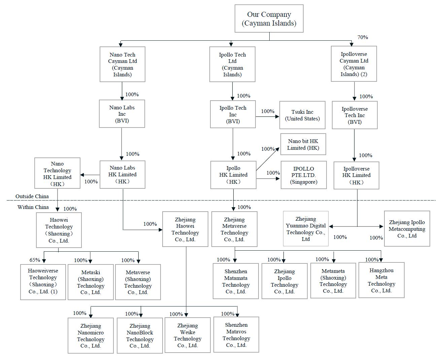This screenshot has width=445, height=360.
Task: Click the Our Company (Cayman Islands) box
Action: (x=269, y=19)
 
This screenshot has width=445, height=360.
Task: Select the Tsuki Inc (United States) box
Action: (x=302, y=115)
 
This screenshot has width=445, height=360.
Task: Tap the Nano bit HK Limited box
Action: (x=303, y=145)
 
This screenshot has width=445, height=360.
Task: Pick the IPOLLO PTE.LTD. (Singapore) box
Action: (x=304, y=175)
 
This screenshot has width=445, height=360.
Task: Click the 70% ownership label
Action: (x=363, y=37)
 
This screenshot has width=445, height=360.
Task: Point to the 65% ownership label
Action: (x=35, y=260)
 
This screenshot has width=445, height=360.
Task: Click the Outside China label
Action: (x=32, y=196)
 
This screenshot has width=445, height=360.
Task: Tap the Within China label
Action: (x=33, y=207)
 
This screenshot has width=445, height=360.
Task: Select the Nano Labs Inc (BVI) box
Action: (x=122, y=114)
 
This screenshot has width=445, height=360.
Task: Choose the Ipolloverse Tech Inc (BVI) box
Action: (x=355, y=115)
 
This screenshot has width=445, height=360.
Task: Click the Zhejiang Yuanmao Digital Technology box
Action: (x=306, y=229)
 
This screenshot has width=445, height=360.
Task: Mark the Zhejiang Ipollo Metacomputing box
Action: (x=407, y=229)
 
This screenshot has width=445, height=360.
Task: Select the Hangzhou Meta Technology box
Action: (x=381, y=280)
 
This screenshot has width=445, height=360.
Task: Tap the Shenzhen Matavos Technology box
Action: (x=236, y=335)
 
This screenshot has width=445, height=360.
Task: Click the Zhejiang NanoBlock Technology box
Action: (x=140, y=335)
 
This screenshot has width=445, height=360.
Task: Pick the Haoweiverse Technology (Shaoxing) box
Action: (x=43, y=282)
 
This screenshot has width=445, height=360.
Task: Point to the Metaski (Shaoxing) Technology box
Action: (x=91, y=282)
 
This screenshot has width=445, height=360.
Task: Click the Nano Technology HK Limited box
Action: (x=57, y=173)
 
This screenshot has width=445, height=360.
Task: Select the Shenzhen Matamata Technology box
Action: (x=236, y=281)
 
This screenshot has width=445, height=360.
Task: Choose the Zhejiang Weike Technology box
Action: (x=187, y=335)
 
